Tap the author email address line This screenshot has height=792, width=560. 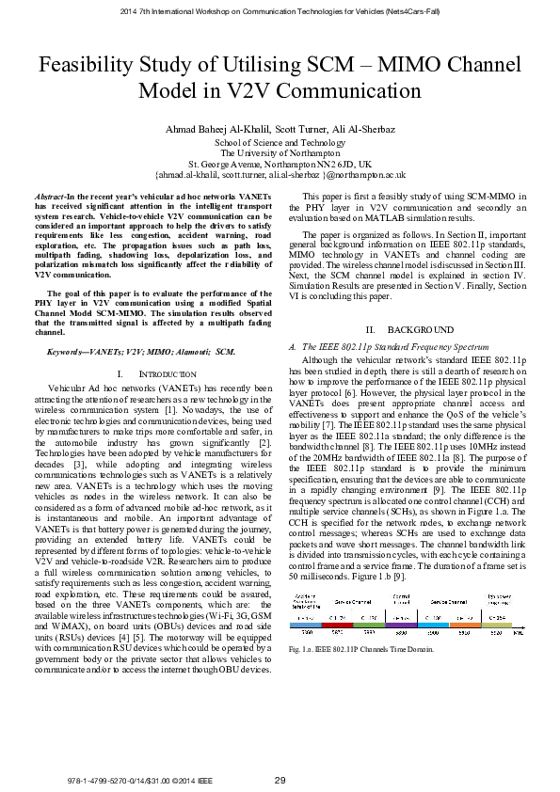coord(280,175)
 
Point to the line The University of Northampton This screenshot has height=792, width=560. coord(279,152)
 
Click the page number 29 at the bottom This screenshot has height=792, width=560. coord(280,780)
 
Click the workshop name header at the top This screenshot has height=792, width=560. coord(280,11)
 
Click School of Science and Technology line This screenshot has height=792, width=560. coord(279,141)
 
